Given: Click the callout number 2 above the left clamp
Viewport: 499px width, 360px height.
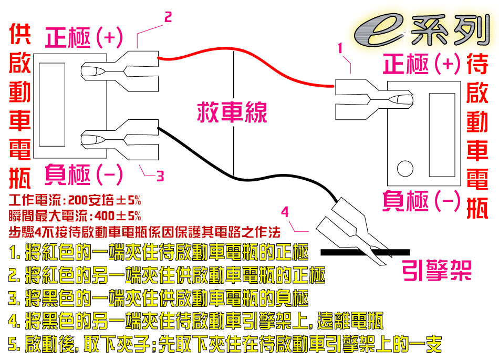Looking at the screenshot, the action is point(168,17).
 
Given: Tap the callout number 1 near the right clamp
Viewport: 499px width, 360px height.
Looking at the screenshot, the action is point(340,48).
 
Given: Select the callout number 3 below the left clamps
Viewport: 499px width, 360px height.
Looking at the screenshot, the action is point(160,176).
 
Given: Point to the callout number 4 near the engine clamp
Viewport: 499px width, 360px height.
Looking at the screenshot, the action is point(285,212).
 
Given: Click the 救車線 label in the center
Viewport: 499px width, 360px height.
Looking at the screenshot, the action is point(232,112).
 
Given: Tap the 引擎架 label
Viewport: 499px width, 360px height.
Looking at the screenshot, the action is point(436,270).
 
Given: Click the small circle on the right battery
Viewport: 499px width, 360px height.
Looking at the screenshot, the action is point(405,168).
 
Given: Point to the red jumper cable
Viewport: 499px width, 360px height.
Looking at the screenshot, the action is point(241,51).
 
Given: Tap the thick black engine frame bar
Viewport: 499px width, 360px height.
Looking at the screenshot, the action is point(365,252).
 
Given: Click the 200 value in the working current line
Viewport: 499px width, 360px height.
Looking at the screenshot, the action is point(78,200).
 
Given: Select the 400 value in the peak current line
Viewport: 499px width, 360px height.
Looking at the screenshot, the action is point(105,216).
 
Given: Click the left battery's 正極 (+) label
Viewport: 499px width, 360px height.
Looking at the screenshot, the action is point(84,38).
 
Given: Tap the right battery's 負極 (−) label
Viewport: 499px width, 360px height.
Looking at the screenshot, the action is point(422,201).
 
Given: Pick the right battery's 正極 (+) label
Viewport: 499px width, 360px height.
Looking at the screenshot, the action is point(422,64).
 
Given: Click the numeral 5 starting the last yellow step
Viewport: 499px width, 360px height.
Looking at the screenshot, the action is point(12,344).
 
